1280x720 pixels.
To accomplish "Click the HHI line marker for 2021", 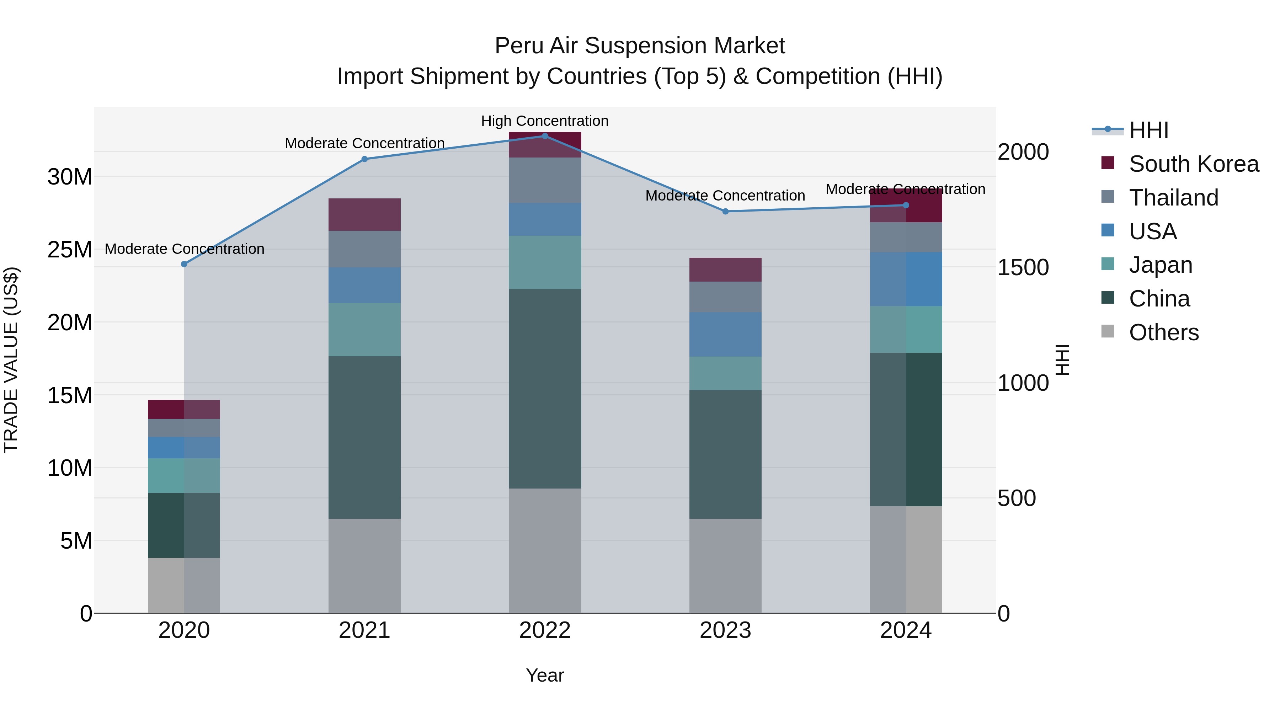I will (364, 159).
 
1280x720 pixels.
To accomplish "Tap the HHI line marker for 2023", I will (725, 211).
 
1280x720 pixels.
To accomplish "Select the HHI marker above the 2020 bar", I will (184, 264).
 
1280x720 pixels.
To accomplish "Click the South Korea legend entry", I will (1194, 164).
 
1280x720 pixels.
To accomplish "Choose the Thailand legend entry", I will (1173, 198).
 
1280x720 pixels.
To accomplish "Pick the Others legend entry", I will (1163, 332).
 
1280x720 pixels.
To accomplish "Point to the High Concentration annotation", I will (545, 121).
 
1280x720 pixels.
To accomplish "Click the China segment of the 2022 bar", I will (545, 389).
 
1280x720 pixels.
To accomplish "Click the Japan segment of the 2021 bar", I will (364, 330).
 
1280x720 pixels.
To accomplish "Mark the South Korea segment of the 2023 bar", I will (725, 270).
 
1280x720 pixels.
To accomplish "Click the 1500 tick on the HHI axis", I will (1023, 268).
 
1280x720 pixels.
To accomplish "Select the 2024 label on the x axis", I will (905, 630).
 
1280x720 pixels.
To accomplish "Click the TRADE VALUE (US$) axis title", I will (11, 360).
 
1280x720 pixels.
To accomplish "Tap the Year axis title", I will (545, 675).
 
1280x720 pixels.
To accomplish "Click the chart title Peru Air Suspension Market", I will (640, 46).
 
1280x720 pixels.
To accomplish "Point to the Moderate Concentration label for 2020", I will (184, 249).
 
